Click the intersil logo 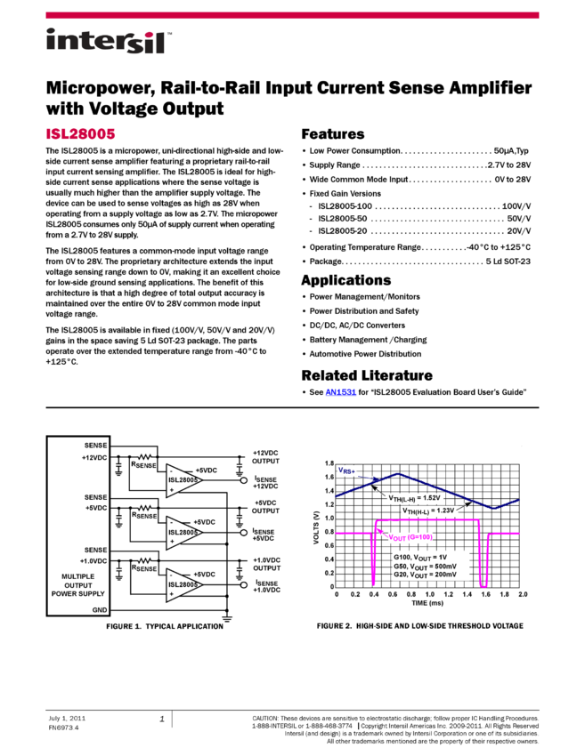click(x=109, y=42)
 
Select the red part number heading click(x=81, y=134)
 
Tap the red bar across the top click(x=292, y=15)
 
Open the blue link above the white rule click(x=340, y=392)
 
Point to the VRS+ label click(x=346, y=470)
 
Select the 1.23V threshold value click(x=444, y=511)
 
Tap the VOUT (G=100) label click(x=410, y=537)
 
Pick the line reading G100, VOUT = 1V click(x=420, y=557)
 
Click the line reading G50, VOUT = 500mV click(x=425, y=566)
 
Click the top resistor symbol click(x=145, y=457)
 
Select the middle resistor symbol click(x=145, y=508)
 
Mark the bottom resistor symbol click(x=145, y=560)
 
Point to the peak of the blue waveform click(x=398, y=474)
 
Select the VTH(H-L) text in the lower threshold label click(x=413, y=511)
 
